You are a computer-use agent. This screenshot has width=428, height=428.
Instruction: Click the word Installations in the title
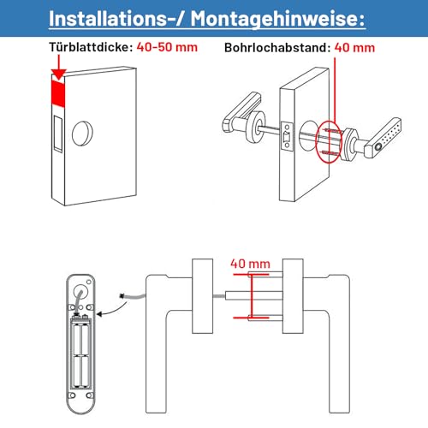(107, 18)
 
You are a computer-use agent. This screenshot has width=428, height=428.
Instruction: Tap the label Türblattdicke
(91, 47)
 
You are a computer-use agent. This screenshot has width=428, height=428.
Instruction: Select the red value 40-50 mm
(167, 47)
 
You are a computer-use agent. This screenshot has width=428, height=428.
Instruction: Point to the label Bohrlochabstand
(277, 47)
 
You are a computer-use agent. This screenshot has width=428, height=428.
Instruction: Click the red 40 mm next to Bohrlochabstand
(354, 48)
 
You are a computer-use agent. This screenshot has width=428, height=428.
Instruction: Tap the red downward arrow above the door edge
(58, 67)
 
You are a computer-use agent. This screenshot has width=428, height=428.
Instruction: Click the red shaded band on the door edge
(58, 92)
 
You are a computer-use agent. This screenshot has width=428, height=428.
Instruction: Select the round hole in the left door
(82, 134)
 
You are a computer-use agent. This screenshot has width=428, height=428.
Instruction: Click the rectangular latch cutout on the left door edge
(58, 134)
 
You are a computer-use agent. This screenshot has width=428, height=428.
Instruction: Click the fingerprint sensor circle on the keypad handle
(378, 147)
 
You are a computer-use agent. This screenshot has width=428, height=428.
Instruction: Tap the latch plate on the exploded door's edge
(287, 136)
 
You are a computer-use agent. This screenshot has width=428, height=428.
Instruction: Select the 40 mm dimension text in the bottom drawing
(250, 264)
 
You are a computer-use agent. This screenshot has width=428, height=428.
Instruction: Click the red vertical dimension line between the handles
(252, 296)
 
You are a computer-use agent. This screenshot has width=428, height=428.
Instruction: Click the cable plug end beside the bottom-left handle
(123, 296)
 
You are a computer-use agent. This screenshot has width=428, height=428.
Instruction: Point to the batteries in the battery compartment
(81, 355)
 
